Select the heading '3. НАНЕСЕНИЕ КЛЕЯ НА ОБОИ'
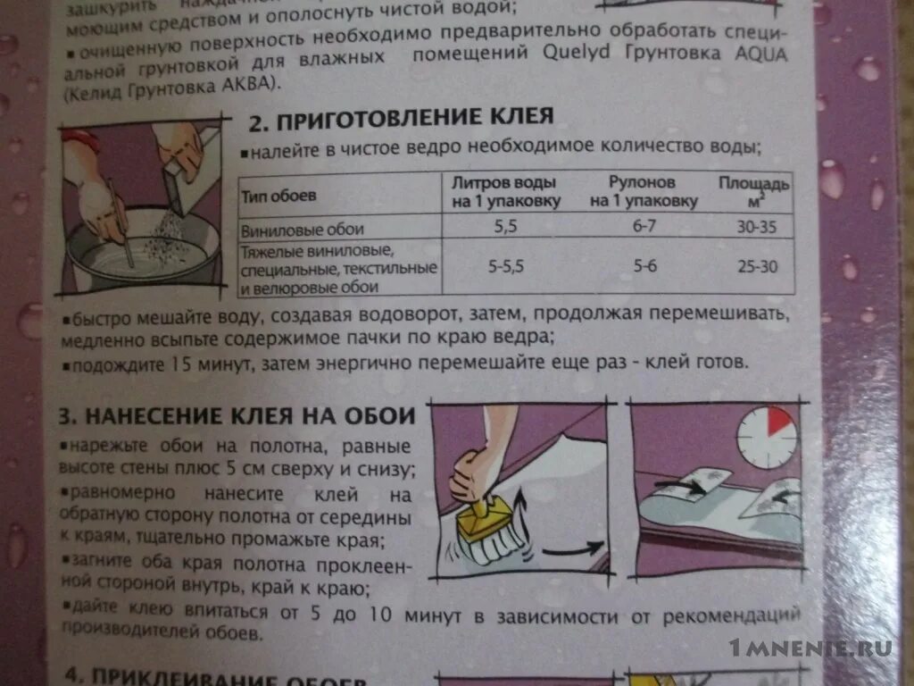pyautogui.click(x=237, y=415)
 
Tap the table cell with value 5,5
pyautogui.click(x=506, y=227)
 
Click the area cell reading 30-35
pyautogui.click(x=757, y=226)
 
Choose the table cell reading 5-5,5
pyautogui.click(x=506, y=265)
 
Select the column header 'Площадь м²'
pyautogui.click(x=754, y=190)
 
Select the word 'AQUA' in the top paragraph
pyautogui.click(x=760, y=53)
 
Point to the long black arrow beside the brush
pyautogui.click(x=571, y=549)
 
